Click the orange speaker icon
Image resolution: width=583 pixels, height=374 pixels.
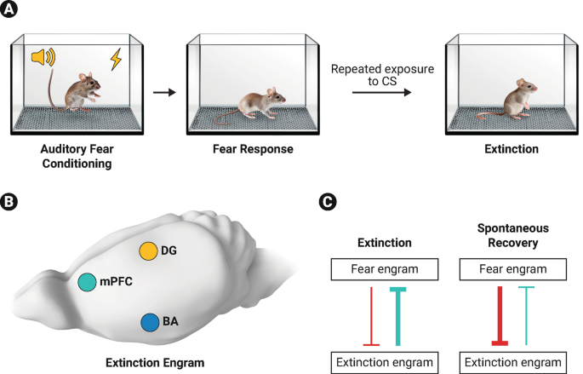[41, 57]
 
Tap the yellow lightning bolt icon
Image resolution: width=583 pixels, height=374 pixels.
[116, 59]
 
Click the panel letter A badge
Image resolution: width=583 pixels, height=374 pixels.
[11, 11]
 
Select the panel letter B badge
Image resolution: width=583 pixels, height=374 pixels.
[11, 204]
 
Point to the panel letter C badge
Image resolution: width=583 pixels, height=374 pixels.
[326, 204]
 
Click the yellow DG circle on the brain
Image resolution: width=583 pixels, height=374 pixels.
[149, 251]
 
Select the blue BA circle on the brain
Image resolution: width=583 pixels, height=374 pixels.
[150, 322]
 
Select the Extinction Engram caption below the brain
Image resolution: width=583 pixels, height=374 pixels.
[155, 362]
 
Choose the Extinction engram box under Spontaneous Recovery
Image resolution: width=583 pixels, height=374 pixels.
[512, 363]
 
